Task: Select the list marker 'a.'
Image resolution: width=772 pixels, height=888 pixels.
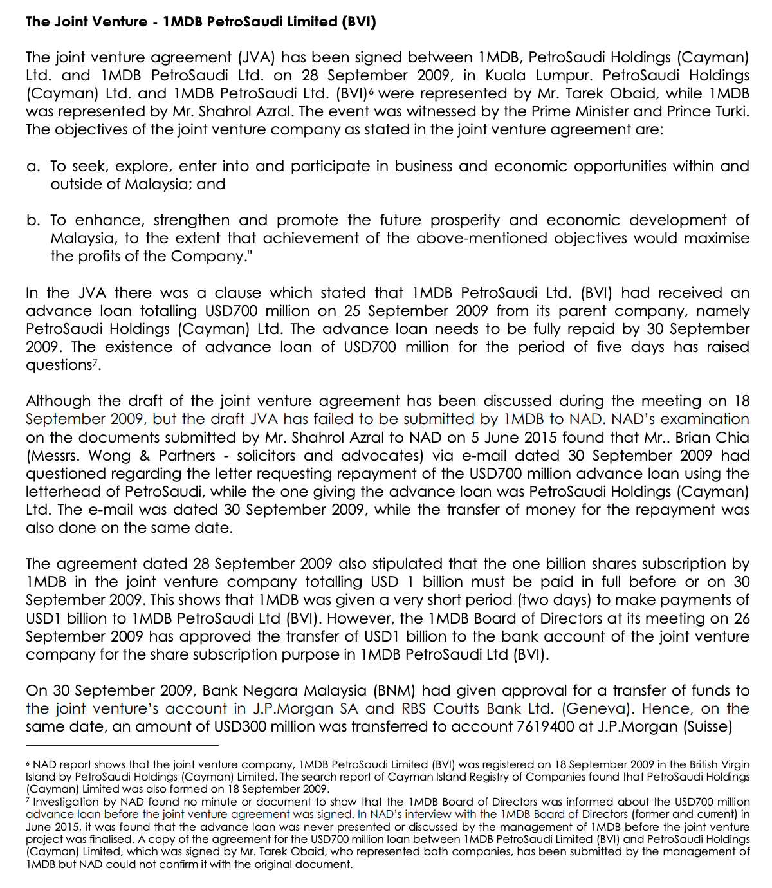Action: click(x=33, y=167)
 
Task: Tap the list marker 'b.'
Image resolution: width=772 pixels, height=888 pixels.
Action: click(x=33, y=221)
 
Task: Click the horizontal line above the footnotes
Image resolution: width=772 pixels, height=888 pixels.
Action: click(x=122, y=746)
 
